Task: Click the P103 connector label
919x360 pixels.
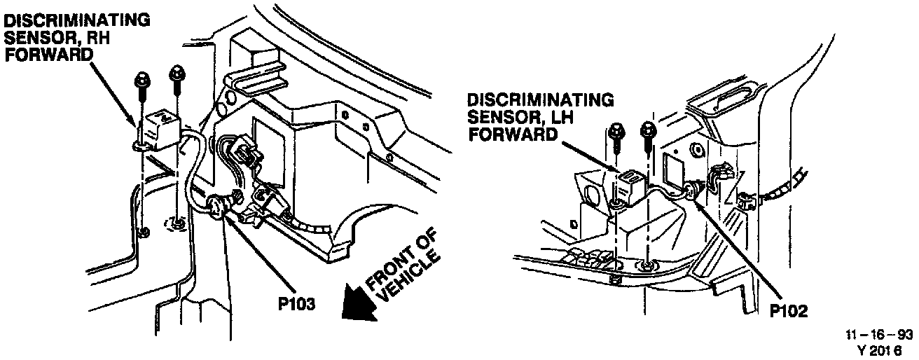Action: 296,304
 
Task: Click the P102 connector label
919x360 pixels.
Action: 789,311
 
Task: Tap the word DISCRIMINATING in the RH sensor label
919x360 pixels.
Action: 78,21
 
